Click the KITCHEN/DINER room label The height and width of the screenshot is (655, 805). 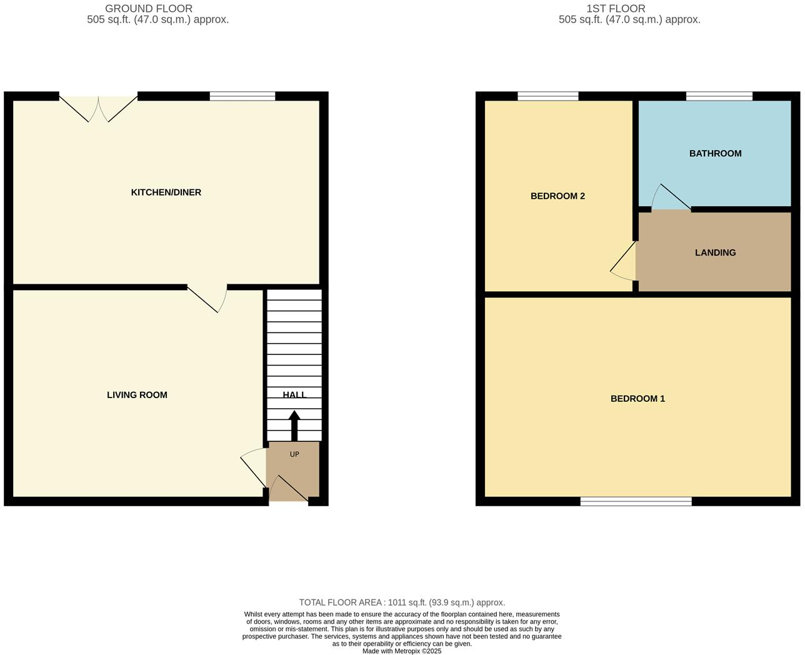166,192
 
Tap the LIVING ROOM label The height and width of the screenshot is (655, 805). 137,395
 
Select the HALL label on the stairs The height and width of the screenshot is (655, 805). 294,395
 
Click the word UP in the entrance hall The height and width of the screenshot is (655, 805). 294,454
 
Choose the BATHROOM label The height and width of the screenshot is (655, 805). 715,154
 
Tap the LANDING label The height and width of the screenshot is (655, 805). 715,253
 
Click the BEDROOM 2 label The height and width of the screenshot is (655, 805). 557,196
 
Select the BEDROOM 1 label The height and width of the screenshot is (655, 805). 637,399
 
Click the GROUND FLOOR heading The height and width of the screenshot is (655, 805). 149,9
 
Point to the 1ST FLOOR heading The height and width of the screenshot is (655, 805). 616,9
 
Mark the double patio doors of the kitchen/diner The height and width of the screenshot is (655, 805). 99,107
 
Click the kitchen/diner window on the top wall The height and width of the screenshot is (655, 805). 242,96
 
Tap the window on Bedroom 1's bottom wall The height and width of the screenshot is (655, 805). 636,501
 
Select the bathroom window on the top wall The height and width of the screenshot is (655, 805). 719,96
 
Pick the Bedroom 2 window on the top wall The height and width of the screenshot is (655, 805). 547,96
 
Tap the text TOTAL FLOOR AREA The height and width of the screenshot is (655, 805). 341,602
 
